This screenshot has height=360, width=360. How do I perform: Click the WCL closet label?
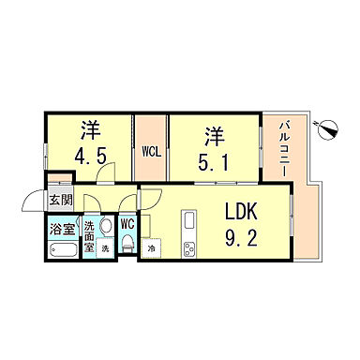[151, 149]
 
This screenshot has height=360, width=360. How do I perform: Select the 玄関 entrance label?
[60, 199]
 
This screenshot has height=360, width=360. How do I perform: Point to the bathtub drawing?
[62, 250]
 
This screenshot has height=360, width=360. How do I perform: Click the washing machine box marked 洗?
[105, 249]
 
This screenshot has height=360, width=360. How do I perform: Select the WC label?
[127, 224]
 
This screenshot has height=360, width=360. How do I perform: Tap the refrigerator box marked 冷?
[152, 248]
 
